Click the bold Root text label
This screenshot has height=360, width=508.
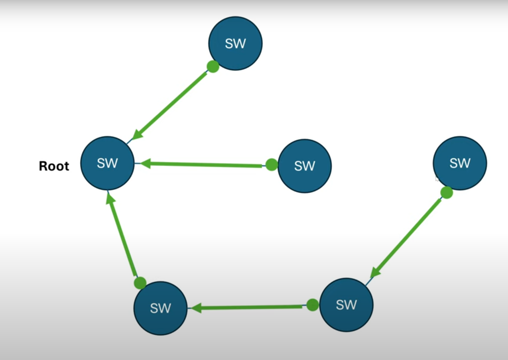tap(54, 166)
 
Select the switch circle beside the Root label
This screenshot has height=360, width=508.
tap(108, 163)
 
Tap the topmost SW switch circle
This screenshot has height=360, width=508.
tap(235, 43)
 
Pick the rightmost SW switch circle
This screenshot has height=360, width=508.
tap(459, 163)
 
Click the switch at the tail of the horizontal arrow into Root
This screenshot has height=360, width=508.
tap(305, 166)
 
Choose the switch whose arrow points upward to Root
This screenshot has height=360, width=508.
tap(161, 308)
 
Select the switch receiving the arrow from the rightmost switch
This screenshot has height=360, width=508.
tap(346, 305)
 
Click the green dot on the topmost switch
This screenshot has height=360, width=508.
tap(213, 66)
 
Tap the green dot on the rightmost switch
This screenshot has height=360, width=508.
tap(447, 193)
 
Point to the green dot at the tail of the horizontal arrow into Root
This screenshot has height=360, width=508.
tap(272, 165)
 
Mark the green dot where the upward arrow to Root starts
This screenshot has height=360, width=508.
tap(140, 283)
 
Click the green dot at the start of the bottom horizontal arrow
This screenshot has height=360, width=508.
tap(313, 305)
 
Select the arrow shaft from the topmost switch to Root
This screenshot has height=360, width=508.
tap(173, 104)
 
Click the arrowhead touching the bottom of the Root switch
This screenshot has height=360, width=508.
tap(110, 199)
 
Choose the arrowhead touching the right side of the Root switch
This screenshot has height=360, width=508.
tap(144, 163)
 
